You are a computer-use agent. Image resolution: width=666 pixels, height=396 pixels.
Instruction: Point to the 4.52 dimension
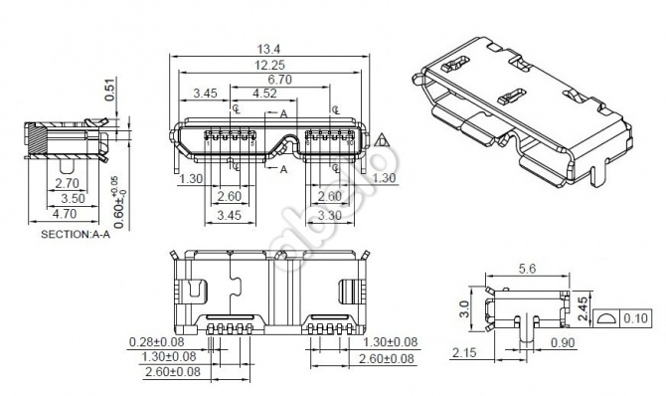tap(265, 94)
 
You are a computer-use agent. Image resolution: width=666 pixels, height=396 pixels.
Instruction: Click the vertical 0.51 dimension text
tap(109, 93)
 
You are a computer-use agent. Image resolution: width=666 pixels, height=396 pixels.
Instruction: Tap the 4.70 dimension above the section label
tap(65, 213)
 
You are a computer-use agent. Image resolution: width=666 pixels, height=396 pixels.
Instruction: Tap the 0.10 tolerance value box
tap(637, 318)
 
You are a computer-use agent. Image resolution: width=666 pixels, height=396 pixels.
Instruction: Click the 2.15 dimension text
tap(463, 353)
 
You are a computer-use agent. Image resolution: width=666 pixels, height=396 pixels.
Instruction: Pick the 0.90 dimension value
tap(564, 342)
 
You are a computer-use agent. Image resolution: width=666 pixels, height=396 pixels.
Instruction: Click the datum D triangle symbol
tap(381, 143)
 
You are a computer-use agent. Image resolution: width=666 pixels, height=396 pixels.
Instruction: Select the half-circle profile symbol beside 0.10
tap(607, 318)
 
